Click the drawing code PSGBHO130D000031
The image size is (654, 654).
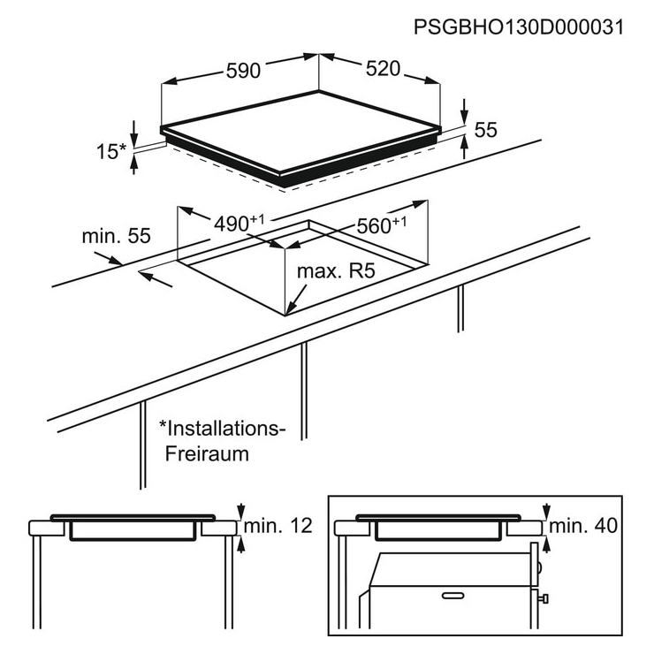(x=519, y=27)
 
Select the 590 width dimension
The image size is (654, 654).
(x=243, y=70)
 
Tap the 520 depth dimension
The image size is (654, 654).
(x=383, y=68)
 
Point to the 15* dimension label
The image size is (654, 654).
(x=111, y=151)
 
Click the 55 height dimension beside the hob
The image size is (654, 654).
(x=485, y=130)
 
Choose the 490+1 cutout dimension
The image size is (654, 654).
(x=239, y=223)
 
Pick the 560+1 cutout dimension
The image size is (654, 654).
(x=381, y=225)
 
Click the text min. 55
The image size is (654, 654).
(x=116, y=236)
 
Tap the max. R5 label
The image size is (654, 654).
(x=336, y=271)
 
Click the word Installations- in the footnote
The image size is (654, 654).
(x=222, y=429)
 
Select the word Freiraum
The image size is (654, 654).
(x=207, y=453)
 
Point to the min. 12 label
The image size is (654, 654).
(x=278, y=526)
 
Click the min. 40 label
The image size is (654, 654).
(x=583, y=526)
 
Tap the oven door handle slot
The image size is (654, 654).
(x=453, y=595)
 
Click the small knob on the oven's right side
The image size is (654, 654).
(x=544, y=599)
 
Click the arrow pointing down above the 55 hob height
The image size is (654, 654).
(x=465, y=111)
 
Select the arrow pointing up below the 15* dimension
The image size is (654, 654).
(x=133, y=163)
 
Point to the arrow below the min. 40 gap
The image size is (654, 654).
(x=546, y=544)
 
